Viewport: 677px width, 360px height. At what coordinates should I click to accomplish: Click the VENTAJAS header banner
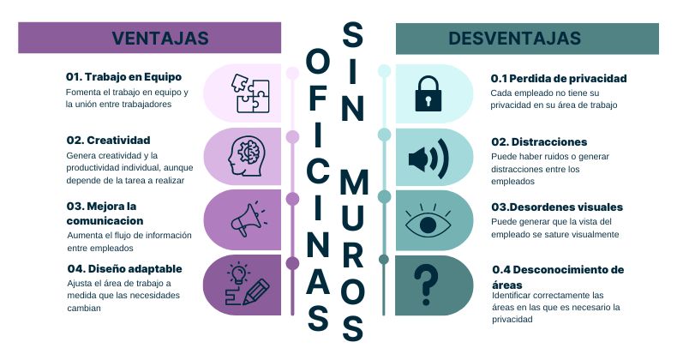tap(160, 38)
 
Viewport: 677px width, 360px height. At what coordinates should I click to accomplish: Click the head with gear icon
tap(249, 157)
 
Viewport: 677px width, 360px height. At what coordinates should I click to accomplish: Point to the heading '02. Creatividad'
tap(108, 140)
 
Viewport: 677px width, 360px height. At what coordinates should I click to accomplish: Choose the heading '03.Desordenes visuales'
tap(556, 207)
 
